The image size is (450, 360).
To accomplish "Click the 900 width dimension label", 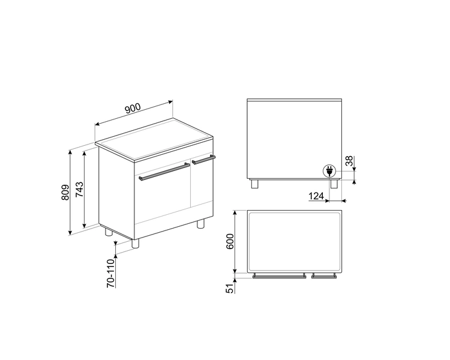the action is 133,108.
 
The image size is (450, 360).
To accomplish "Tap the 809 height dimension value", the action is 65,193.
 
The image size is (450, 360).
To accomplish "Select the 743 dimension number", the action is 79,189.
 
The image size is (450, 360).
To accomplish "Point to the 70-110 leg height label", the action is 110,273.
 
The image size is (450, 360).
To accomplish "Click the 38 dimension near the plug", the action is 349,161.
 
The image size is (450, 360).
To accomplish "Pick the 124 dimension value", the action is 316,196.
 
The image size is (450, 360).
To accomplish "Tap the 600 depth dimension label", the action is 230,241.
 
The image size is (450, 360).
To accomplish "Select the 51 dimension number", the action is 230,288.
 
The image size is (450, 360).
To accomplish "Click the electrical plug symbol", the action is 329,171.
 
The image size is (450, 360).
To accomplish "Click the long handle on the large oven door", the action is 164,172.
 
